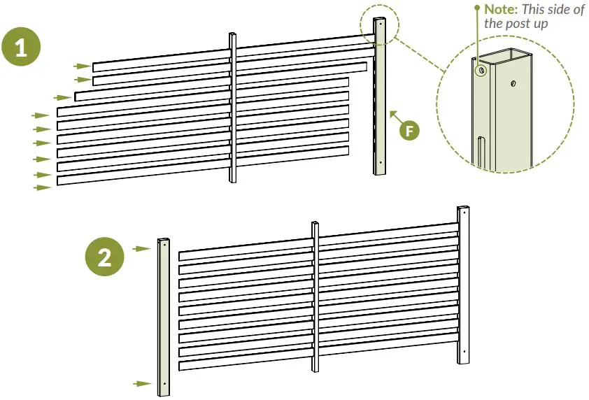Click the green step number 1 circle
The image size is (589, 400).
[x=22, y=47]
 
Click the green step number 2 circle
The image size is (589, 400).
[x=104, y=257]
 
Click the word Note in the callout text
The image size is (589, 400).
[x=501, y=9]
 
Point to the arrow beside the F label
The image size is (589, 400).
[x=394, y=115]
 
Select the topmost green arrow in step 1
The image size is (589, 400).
[x=82, y=66]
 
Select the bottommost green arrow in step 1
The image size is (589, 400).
[x=43, y=187]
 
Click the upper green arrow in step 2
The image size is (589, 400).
[x=143, y=248]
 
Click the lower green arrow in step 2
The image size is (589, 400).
[x=143, y=383]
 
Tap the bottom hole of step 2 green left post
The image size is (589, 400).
[x=164, y=383]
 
